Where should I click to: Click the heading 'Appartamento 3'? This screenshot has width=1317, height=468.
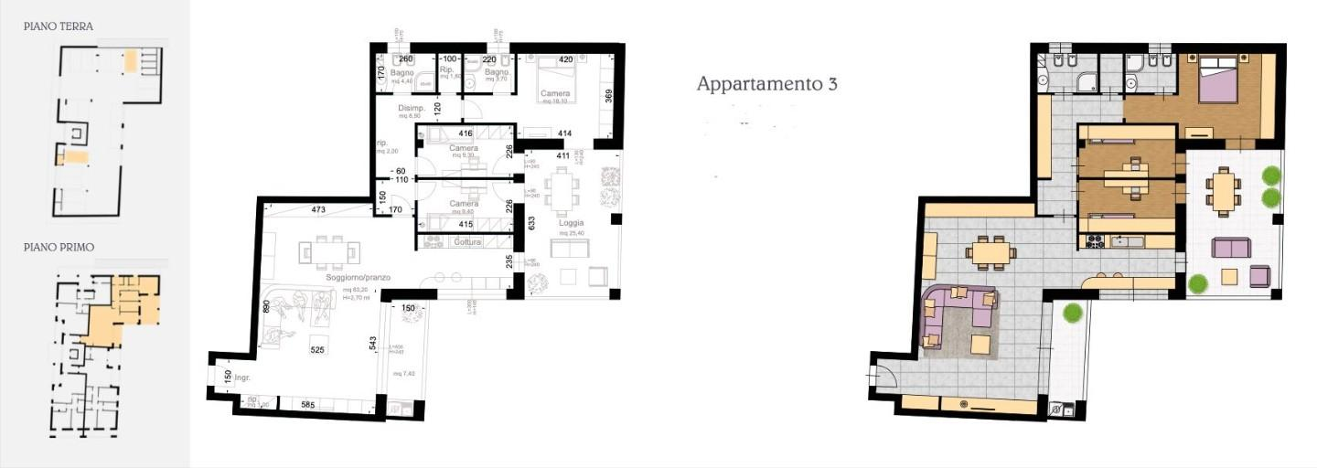pos(766,84)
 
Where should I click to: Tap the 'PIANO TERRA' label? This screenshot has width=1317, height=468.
pos(59,27)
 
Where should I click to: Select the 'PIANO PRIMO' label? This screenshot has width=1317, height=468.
pos(59,247)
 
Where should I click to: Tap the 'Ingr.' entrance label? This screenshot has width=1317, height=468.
pos(243,377)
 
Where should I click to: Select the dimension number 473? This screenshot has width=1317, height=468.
pos(318,210)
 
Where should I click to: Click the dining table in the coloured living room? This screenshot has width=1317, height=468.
pos(990,250)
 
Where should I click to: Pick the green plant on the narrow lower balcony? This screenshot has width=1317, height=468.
pos(1072,313)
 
